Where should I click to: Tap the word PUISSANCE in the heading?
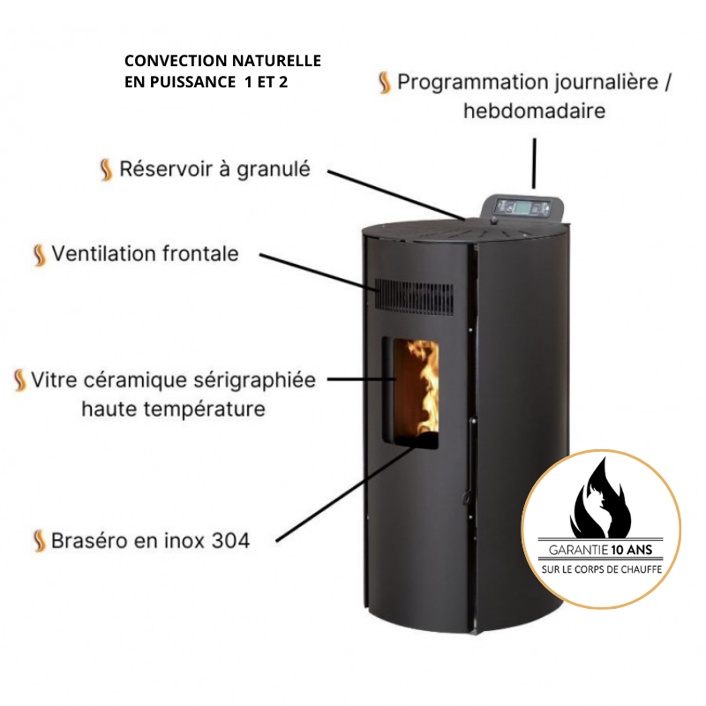(192, 82)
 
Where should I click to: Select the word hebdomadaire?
(535, 111)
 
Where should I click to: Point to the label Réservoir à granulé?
(214, 169)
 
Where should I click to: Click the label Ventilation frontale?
(145, 253)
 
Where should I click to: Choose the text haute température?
(173, 409)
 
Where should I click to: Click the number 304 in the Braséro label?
(230, 541)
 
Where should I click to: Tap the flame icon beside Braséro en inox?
(40, 540)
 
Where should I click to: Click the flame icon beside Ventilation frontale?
(40, 255)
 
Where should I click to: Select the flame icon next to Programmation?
(385, 83)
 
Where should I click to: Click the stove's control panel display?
(522, 208)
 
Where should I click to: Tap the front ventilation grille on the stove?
(414, 297)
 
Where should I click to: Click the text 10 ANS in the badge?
(632, 550)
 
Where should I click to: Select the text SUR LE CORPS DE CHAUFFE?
(602, 569)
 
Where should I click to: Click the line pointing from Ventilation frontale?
(319, 272)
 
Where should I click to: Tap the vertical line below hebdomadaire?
(535, 163)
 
